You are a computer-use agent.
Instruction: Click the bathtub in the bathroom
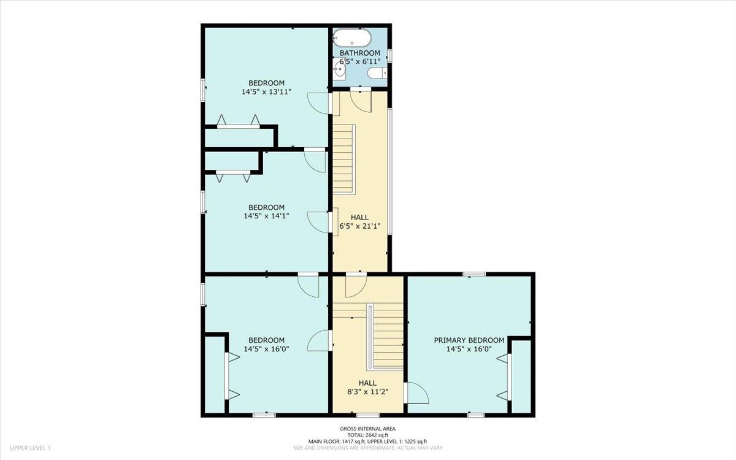[352, 39]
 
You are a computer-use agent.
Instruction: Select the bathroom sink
[339, 69]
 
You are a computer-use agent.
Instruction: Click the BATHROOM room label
[360, 53]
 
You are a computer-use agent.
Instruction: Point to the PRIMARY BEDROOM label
[469, 340]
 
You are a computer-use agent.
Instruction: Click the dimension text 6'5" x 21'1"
[360, 226]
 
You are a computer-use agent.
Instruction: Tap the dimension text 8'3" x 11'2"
[367, 392]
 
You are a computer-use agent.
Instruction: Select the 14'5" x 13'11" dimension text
[266, 91]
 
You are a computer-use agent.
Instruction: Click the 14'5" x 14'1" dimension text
[266, 216]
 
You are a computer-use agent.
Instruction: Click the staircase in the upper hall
[344, 159]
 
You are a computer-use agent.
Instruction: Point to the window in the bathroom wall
[389, 56]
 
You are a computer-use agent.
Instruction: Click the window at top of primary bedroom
[474, 274]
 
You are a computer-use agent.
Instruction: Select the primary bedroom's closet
[521, 377]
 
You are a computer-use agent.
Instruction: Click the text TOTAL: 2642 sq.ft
[367, 435]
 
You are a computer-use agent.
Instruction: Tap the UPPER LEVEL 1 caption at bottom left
[30, 448]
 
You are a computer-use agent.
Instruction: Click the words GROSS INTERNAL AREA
[367, 429]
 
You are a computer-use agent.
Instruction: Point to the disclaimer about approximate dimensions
[367, 448]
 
